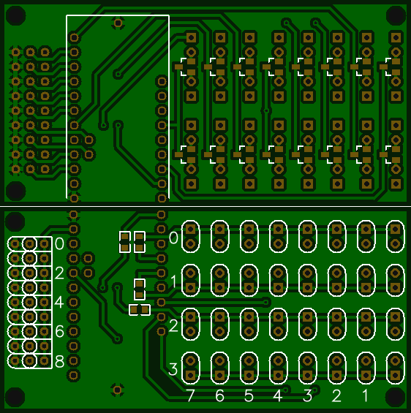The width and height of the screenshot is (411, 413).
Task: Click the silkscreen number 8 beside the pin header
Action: click(59, 361)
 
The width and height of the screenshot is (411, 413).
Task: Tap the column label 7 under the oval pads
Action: click(190, 396)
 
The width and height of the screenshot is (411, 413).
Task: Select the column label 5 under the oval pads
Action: click(249, 396)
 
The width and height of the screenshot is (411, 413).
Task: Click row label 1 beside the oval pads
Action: click(173, 281)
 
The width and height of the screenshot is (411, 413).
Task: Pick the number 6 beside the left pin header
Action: click(59, 331)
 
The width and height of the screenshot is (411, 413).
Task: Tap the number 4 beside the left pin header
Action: click(59, 302)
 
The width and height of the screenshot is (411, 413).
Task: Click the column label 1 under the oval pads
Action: click(366, 396)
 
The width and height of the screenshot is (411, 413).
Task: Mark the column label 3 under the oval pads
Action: click(307, 396)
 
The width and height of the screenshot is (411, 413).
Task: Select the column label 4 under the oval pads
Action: click(278, 396)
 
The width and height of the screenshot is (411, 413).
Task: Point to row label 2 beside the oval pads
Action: click(173, 325)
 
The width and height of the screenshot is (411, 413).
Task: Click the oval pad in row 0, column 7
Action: click(190, 235)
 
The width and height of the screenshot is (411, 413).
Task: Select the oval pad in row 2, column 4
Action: click(278, 323)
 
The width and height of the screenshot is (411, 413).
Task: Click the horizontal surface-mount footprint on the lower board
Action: click(139, 310)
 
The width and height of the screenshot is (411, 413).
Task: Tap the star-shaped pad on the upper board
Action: click(118, 23)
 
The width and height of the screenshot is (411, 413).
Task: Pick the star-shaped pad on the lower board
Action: click(117, 390)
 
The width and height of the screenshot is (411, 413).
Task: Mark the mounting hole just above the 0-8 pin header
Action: click(15, 220)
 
